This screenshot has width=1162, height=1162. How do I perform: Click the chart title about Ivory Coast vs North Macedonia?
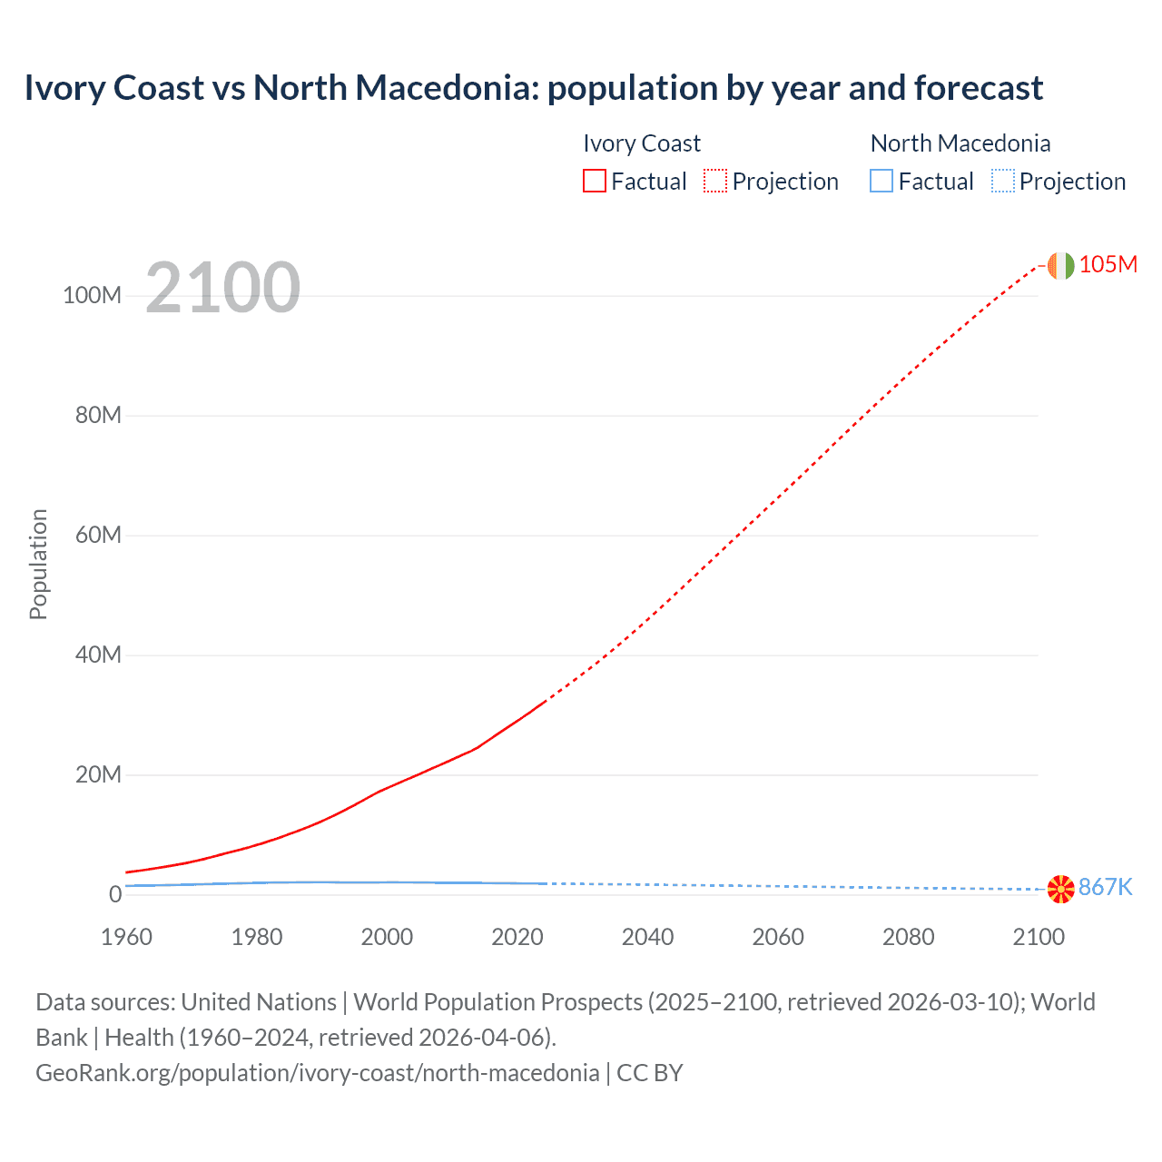click(533, 88)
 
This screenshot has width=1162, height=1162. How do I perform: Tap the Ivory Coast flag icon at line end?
click(1060, 265)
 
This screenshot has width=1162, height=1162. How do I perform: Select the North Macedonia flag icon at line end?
click(1060, 889)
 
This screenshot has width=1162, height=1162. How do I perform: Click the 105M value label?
click(1108, 264)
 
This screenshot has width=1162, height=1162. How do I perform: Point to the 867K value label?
click(1106, 887)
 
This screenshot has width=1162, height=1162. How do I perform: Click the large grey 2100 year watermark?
click(222, 288)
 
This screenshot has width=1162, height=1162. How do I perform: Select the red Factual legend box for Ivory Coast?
click(594, 182)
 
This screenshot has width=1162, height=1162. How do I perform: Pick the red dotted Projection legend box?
click(715, 182)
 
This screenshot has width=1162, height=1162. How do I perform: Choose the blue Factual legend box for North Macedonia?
click(881, 182)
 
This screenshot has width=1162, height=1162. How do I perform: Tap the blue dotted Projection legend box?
click(1003, 182)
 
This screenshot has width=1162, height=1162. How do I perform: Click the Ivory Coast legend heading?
click(641, 143)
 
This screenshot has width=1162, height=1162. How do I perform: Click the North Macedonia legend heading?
click(960, 143)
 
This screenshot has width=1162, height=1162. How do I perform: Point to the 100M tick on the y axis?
click(92, 296)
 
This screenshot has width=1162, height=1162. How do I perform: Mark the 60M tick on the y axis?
click(98, 535)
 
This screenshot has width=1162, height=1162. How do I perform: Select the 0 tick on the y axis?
click(115, 894)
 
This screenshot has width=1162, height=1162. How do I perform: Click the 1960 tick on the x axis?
click(126, 937)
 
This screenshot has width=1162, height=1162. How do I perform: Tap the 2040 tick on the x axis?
click(647, 937)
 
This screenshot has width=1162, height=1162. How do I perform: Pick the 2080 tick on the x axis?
click(908, 937)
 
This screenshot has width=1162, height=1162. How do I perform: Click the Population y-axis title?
click(38, 564)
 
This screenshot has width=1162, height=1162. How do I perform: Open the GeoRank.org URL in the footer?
click(317, 1073)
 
